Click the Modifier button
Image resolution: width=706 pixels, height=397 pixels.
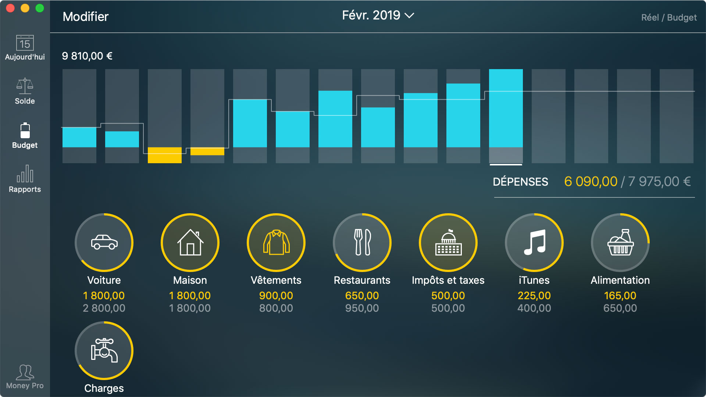pos(85,17)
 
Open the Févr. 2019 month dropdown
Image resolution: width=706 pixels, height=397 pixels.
pos(378,15)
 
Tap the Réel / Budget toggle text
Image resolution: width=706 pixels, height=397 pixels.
pos(668,18)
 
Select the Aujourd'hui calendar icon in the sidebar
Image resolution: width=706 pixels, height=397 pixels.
pos(25,43)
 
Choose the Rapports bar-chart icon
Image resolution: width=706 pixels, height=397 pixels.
pos(25,174)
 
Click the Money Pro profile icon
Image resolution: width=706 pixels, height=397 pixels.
pos(25,372)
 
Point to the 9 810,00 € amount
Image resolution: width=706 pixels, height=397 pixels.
pos(87,56)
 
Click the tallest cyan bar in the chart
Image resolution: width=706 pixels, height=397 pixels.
pos(506,108)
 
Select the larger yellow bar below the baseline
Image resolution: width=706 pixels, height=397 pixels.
pos(164,155)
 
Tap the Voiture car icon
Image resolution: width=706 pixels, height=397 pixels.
pos(104,243)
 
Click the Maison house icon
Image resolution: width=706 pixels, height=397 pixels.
pos(190,243)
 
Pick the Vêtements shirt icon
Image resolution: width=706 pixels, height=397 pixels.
pos(276,243)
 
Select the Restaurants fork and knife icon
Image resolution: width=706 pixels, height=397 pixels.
pos(362,243)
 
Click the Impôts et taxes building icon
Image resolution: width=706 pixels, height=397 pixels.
pos(448,243)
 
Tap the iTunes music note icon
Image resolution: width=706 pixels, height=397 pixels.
pos(534,243)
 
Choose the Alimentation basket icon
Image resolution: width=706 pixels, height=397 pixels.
pos(620,243)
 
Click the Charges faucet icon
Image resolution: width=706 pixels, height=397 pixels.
pos(104,351)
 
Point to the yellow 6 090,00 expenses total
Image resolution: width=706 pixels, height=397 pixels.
pos(591,182)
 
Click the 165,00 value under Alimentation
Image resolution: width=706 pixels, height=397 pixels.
pos(620,296)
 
